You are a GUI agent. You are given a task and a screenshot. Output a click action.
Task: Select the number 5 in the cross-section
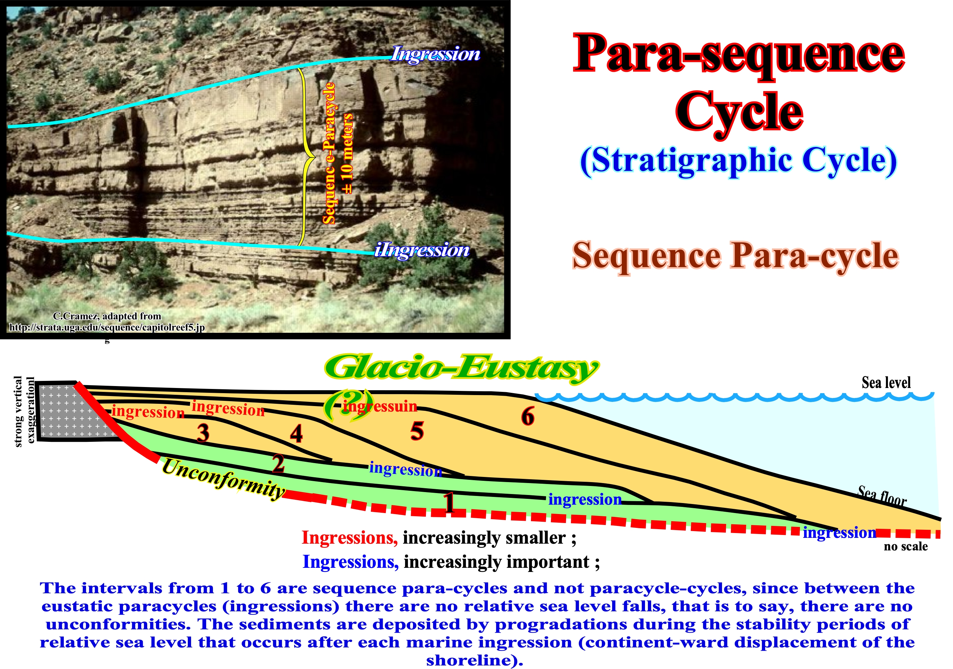point(417,431)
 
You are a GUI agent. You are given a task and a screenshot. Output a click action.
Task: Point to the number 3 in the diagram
point(203,433)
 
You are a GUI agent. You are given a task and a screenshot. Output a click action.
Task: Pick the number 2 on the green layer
point(278,463)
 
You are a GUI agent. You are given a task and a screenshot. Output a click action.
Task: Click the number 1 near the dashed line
point(449,503)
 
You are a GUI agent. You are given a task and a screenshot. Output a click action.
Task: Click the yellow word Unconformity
point(223,478)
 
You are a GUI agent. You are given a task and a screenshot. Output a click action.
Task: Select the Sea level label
point(886,383)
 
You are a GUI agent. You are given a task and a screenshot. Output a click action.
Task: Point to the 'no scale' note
point(906,547)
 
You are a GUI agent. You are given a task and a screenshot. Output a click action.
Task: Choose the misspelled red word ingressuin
point(380,406)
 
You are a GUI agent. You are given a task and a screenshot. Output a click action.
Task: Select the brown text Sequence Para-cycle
point(736,256)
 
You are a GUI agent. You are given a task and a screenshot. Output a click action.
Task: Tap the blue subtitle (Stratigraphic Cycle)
point(738,161)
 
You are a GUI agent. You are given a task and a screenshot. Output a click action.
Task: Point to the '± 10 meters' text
point(347,154)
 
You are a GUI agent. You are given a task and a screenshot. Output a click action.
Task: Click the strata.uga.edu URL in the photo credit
point(107,327)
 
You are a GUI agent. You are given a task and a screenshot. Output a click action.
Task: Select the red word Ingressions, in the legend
point(350,538)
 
